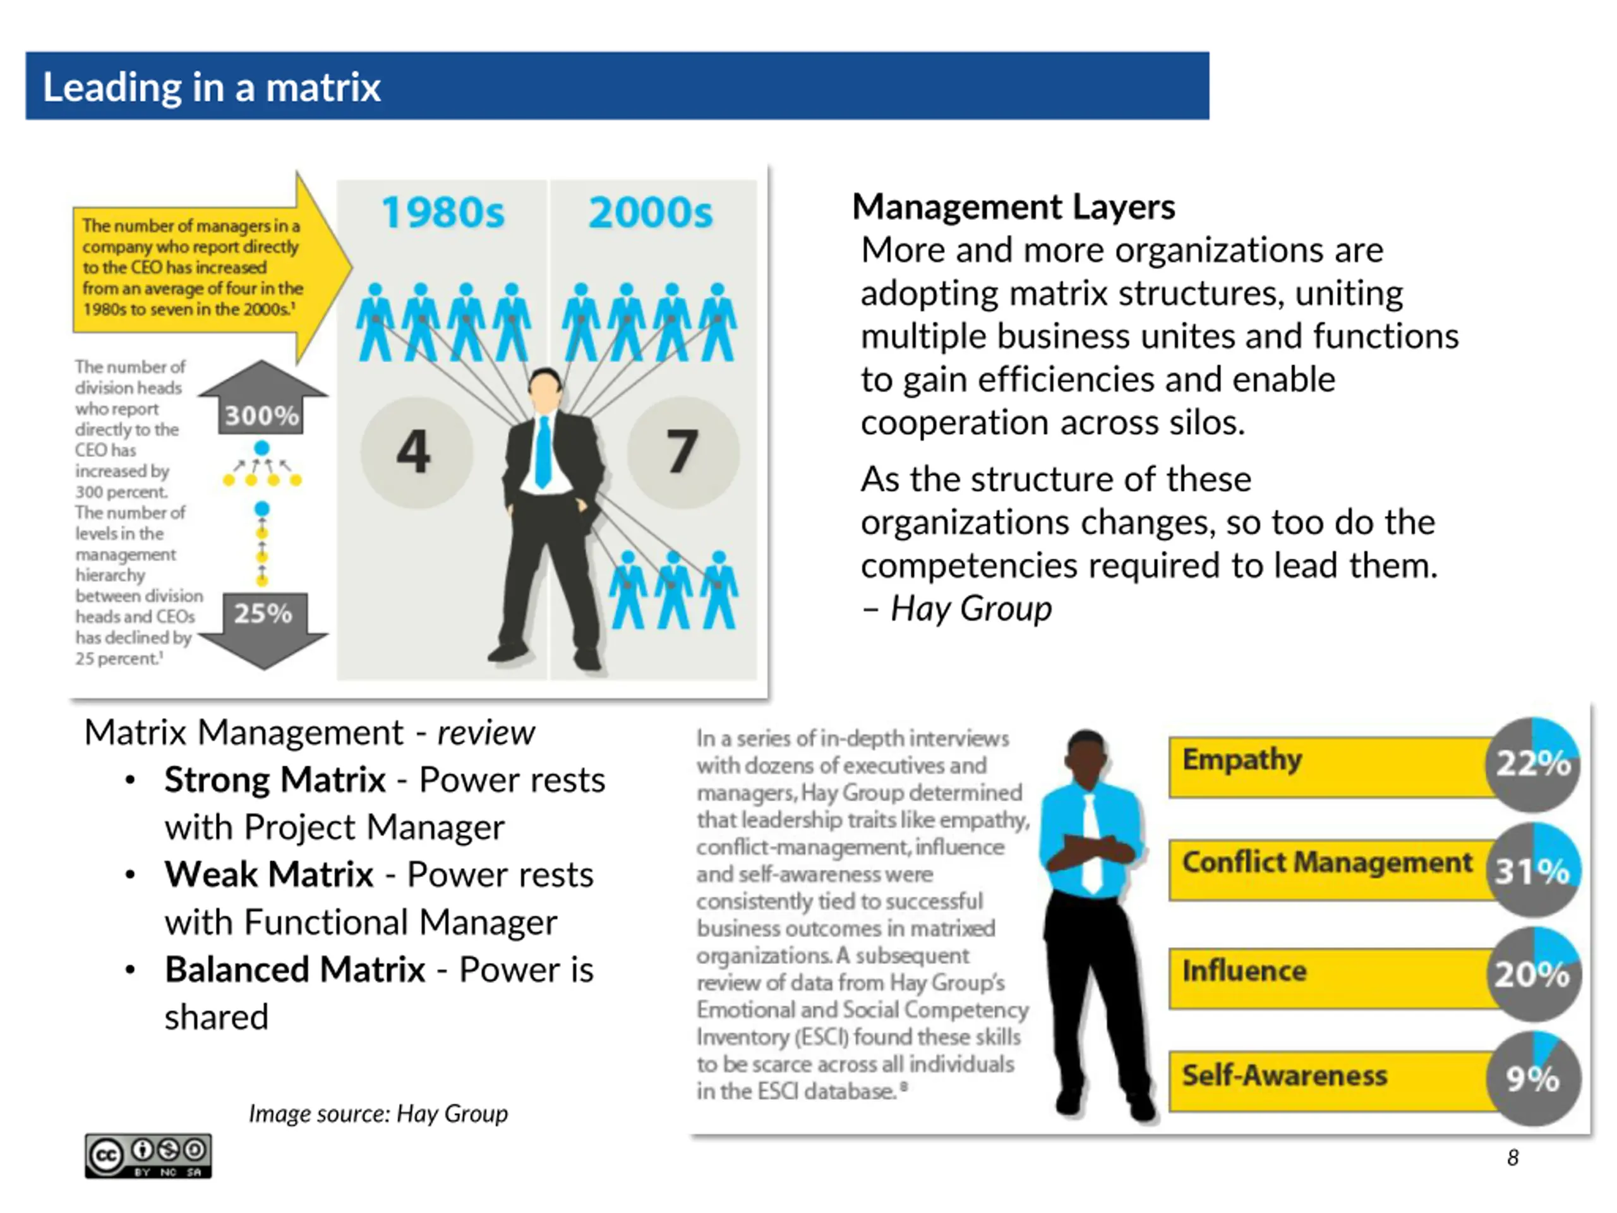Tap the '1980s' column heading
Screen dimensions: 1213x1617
tap(443, 213)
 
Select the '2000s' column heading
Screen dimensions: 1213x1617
tap(650, 213)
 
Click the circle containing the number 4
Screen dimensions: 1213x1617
tap(415, 452)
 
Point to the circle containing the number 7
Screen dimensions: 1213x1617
tap(682, 452)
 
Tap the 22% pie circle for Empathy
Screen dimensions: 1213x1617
tap(1533, 764)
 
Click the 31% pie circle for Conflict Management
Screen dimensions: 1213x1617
tap(1533, 870)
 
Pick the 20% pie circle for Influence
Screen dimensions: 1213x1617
tap(1533, 974)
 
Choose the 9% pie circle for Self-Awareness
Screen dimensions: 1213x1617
tap(1533, 1078)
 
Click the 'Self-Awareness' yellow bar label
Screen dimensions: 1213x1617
tap(1284, 1075)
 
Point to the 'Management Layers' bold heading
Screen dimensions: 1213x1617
tap(1013, 207)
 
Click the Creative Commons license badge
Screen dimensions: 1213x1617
tap(148, 1156)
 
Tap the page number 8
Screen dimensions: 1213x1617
tap(1513, 1157)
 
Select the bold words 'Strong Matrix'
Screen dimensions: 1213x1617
tap(275, 780)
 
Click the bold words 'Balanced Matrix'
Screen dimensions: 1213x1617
tap(294, 970)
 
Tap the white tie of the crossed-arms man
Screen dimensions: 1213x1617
tap(1091, 841)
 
